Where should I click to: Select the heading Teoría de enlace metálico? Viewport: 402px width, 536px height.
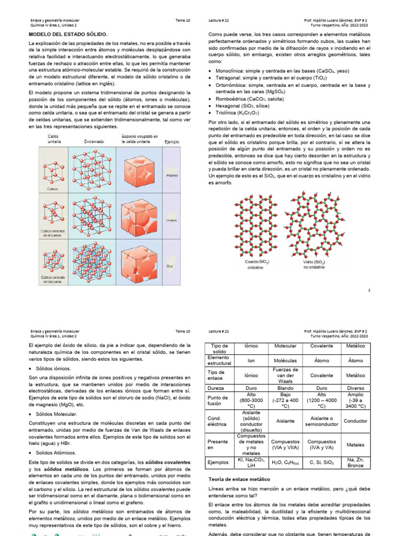(239, 479)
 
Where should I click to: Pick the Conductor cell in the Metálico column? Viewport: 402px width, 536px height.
(355, 421)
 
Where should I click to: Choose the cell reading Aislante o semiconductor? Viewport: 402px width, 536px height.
(321, 421)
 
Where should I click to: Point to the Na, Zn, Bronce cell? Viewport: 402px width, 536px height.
(355, 462)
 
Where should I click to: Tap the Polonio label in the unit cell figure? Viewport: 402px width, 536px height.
(171, 175)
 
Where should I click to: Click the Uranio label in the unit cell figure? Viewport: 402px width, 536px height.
(171, 220)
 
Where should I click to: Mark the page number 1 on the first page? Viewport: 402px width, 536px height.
(370, 290)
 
